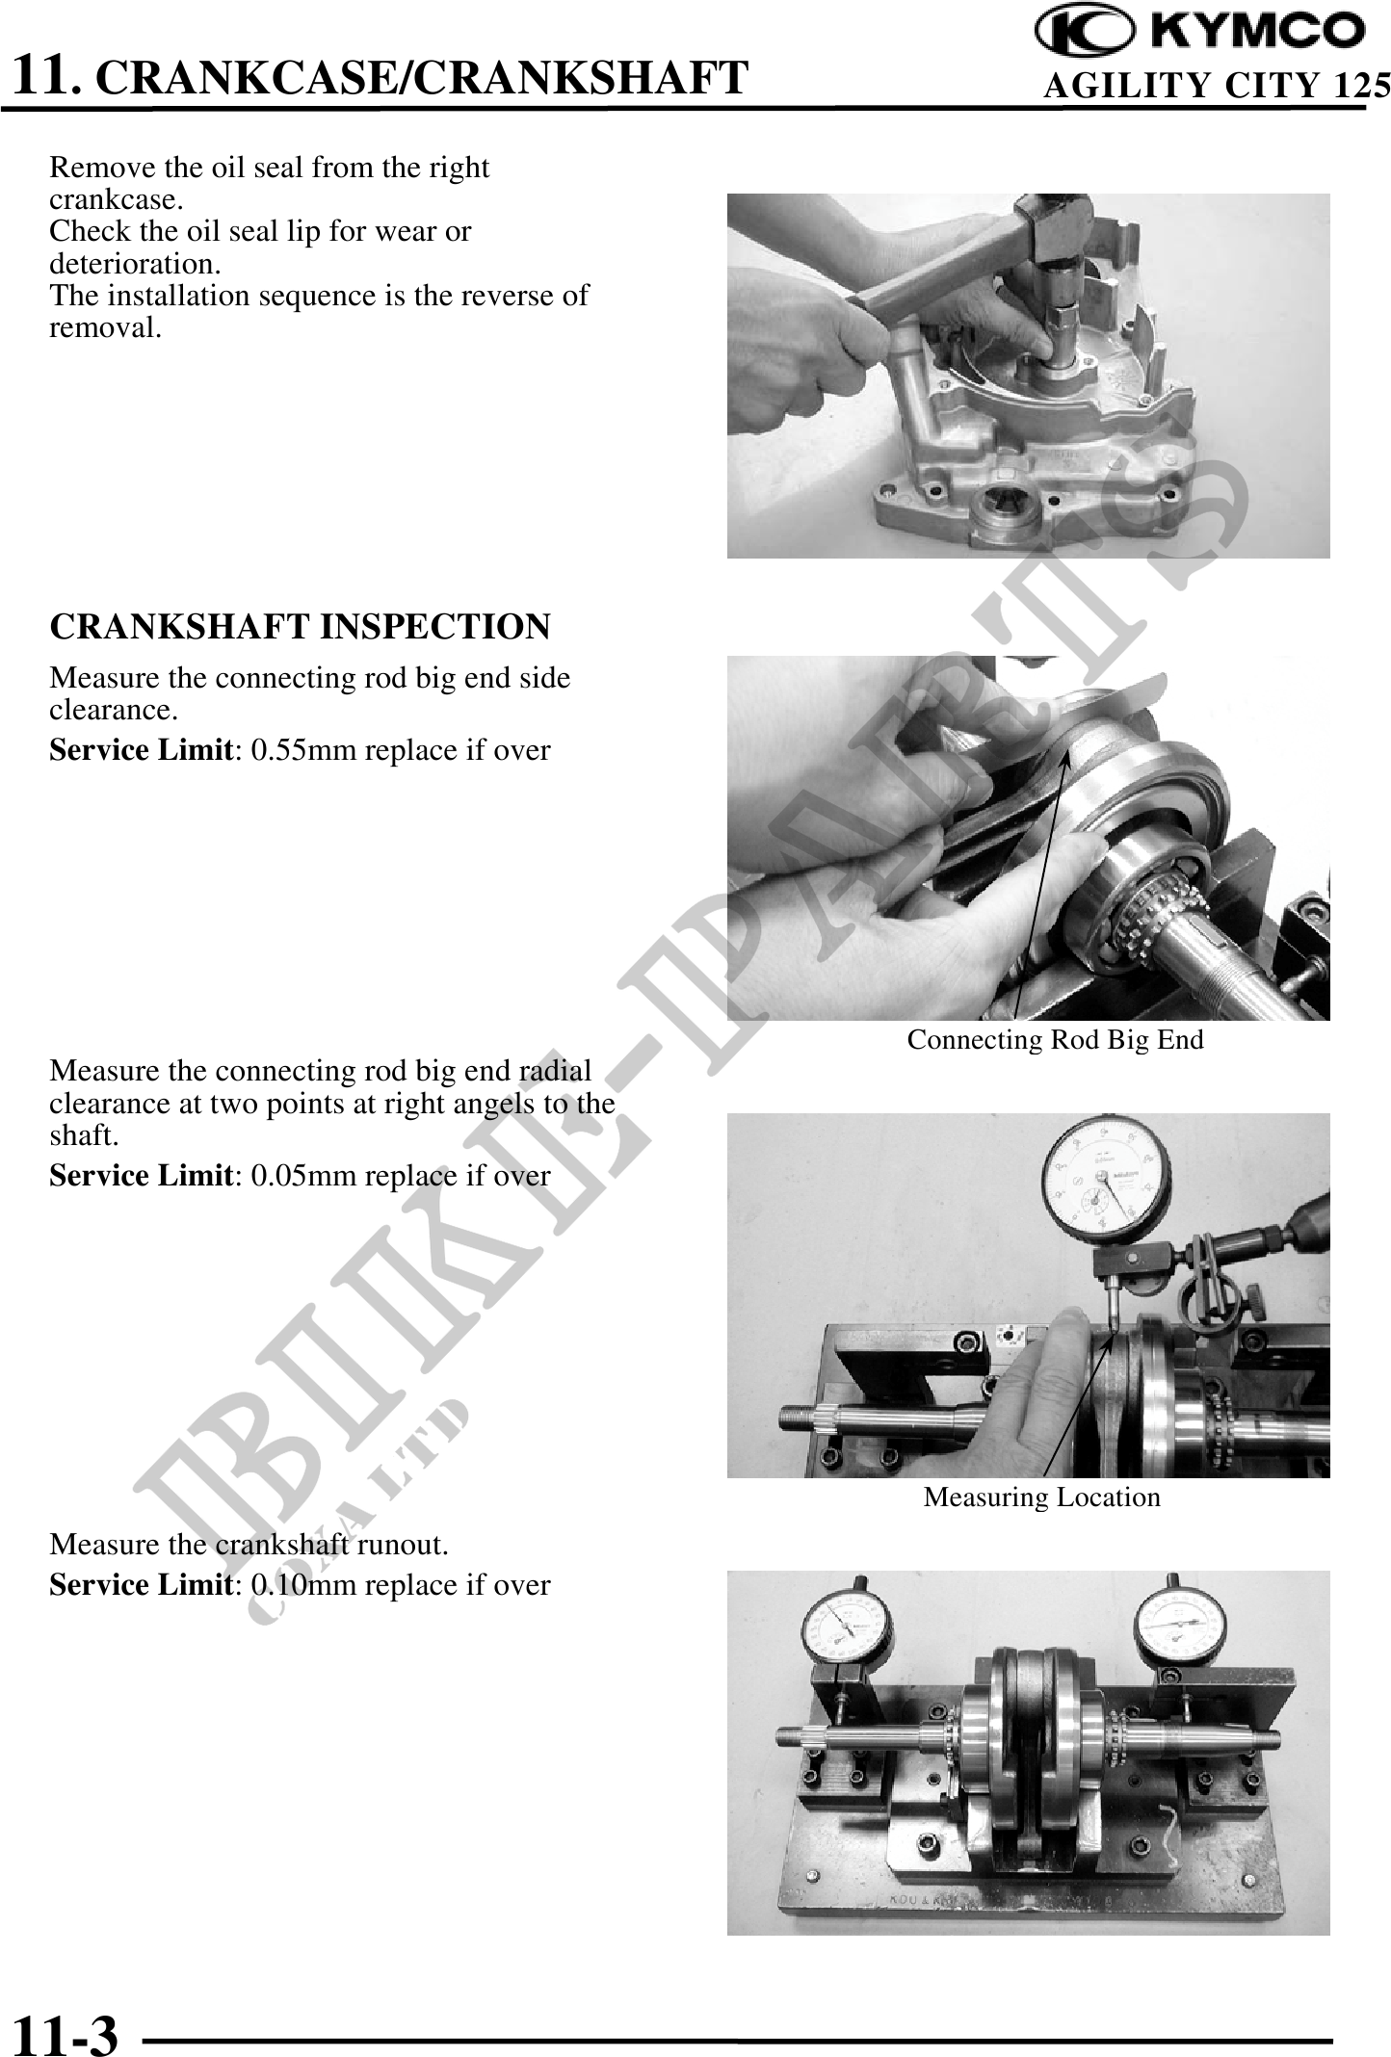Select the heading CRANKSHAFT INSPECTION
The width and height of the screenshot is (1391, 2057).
[x=300, y=627]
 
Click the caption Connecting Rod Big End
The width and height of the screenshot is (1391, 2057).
[x=1056, y=1040]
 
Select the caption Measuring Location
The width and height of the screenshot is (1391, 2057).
[x=1042, y=1497]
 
